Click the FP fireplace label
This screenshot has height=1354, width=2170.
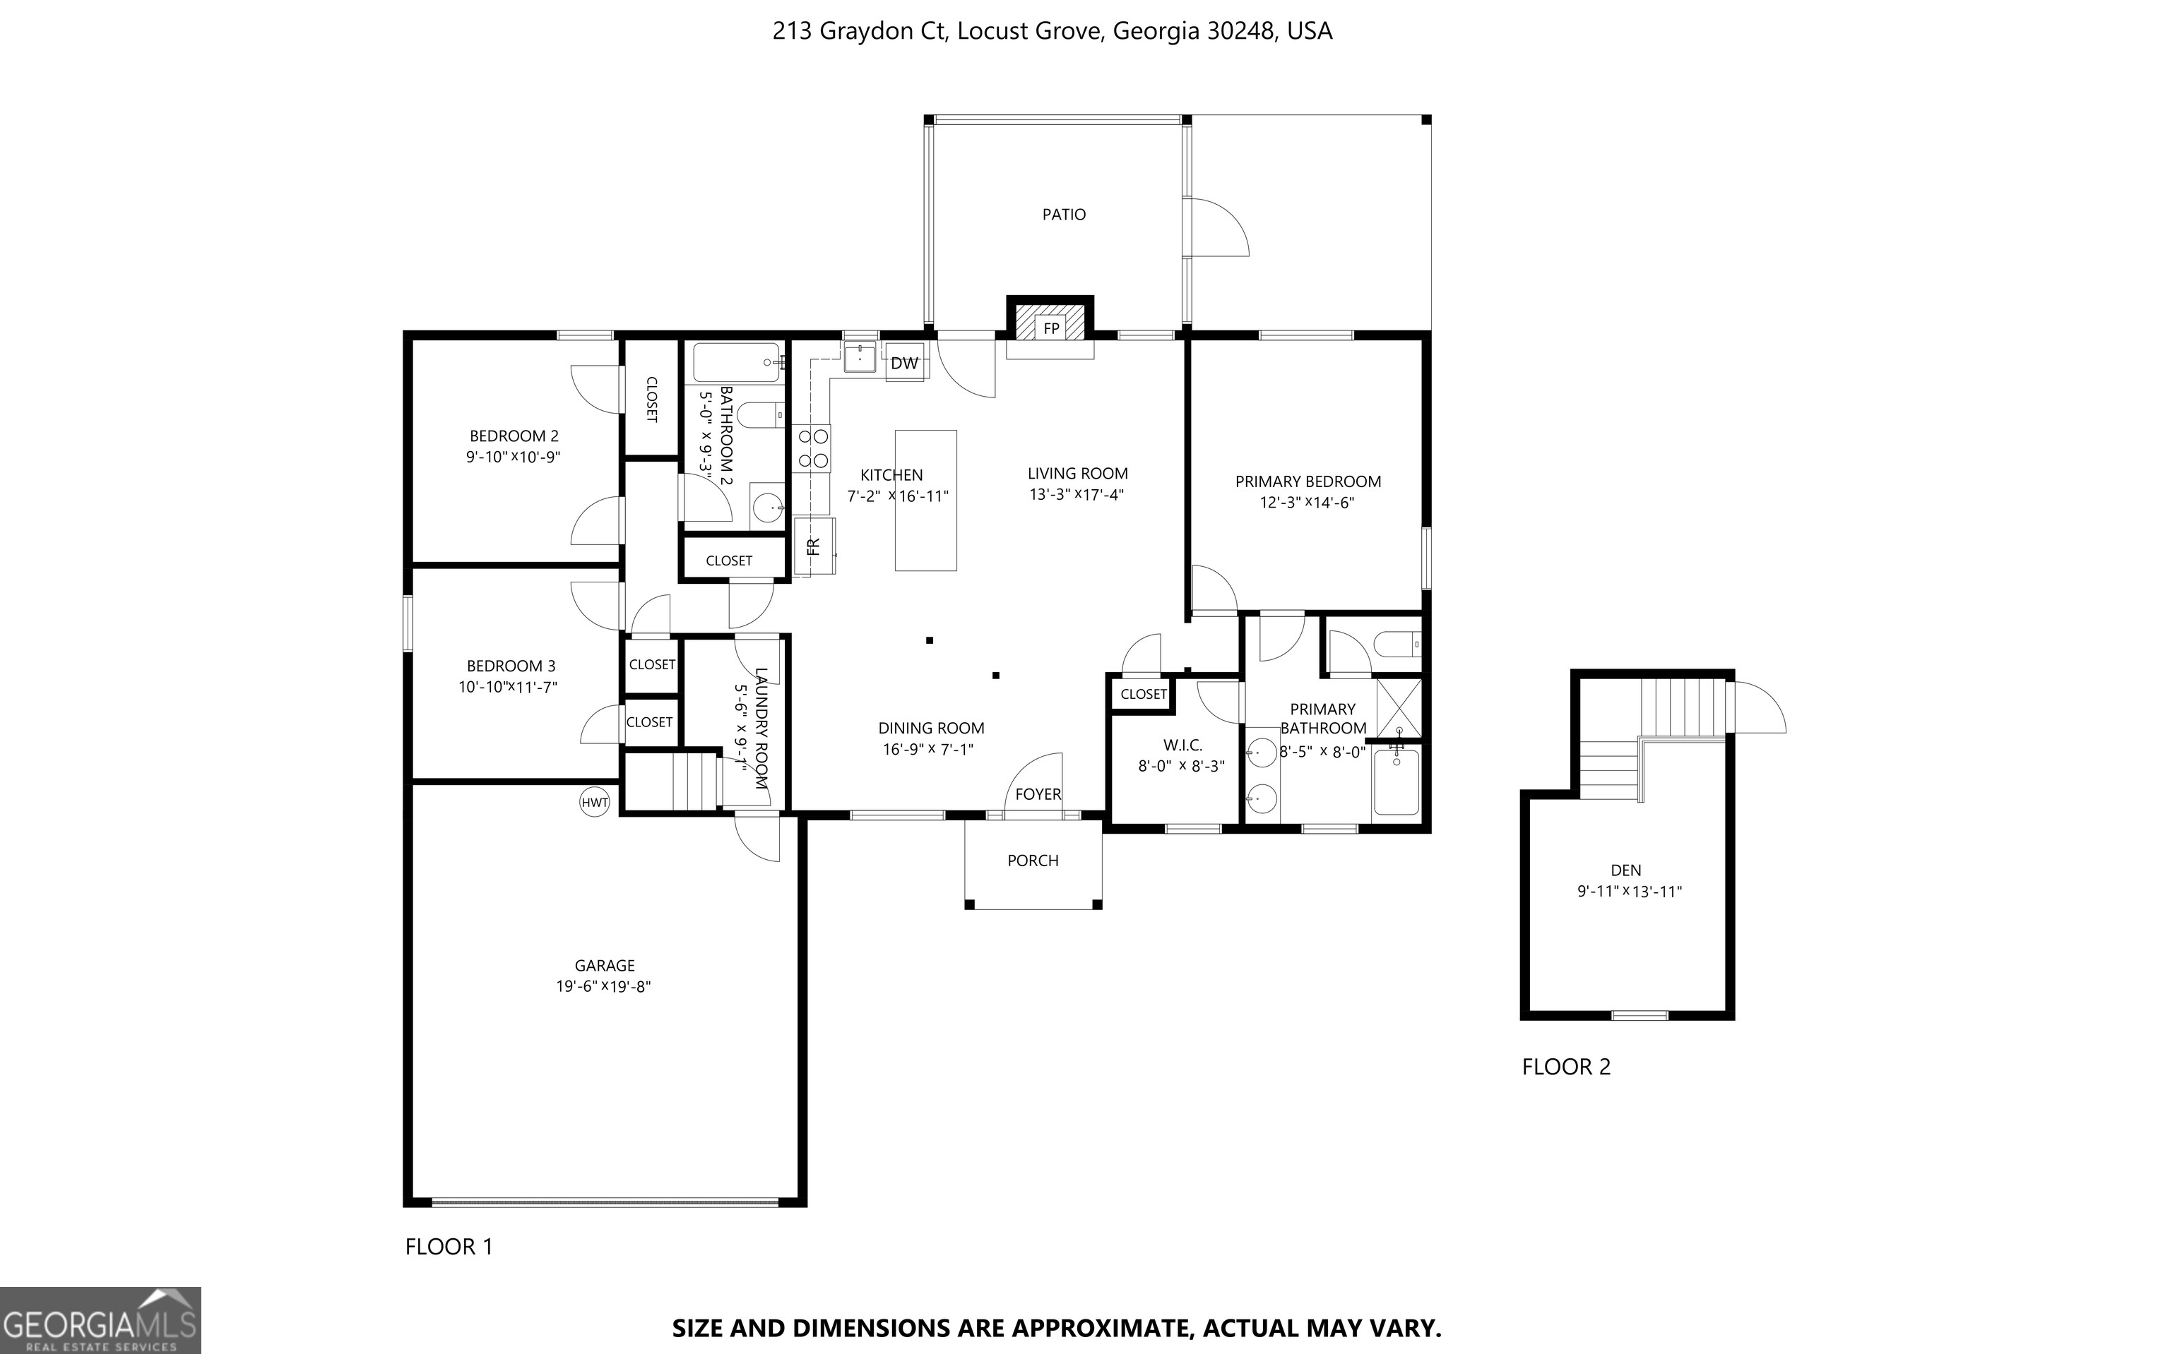pos(1051,329)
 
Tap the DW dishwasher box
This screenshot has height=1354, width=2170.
pos(904,364)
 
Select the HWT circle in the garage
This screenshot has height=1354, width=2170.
pos(595,803)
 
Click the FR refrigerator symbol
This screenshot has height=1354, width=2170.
pos(814,546)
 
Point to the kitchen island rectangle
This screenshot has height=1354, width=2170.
pos(925,500)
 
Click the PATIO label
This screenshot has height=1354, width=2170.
pos(1064,215)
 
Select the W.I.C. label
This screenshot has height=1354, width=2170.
pos(1182,745)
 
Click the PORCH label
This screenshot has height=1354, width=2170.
pos(1032,861)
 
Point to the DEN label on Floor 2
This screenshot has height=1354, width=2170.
pos(1625,870)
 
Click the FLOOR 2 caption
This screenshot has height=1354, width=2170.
pos(1565,1067)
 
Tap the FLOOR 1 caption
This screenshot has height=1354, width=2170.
pos(449,1247)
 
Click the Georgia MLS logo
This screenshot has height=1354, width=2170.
pos(100,1321)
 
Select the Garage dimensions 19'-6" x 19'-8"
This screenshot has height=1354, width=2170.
pos(603,987)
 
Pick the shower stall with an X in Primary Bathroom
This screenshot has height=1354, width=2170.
pos(1398,707)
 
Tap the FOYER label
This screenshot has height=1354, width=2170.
pos(1038,794)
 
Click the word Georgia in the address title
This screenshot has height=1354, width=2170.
pos(1156,31)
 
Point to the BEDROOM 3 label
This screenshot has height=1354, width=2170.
pos(511,666)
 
